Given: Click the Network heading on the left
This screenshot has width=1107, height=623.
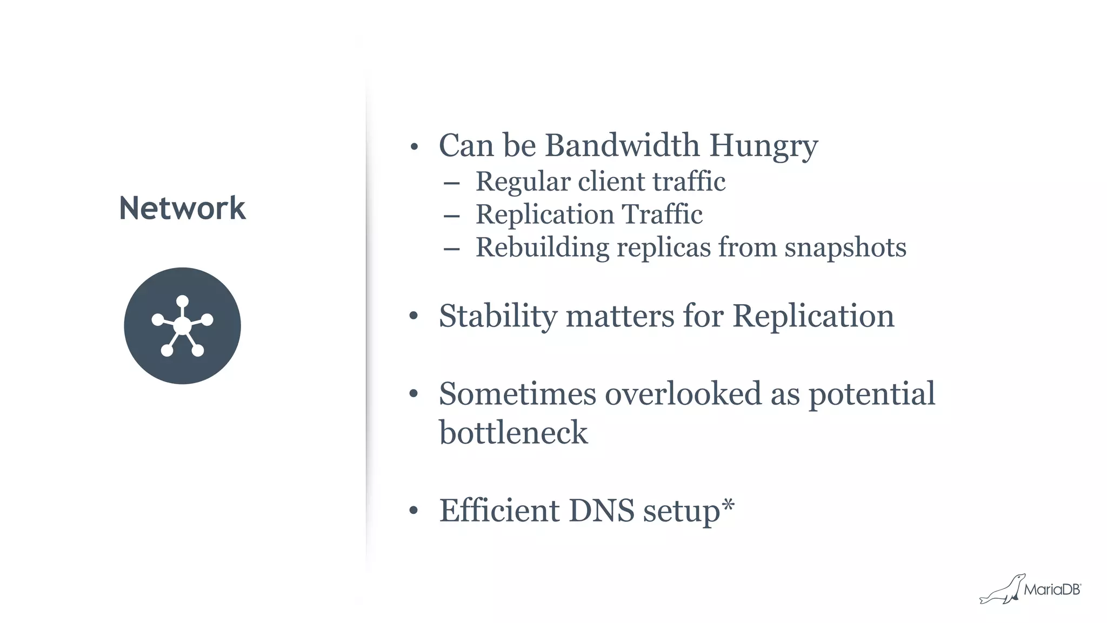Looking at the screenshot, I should pos(182,209).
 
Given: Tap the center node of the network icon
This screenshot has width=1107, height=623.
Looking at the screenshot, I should pos(182,326).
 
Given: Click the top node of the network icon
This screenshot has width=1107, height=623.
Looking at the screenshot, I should pos(182,301).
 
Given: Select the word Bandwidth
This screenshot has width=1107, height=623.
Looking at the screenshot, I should pos(622,145).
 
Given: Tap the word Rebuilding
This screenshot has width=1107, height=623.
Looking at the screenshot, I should pos(542,248).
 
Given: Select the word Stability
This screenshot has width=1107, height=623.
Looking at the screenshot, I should pos(498,317).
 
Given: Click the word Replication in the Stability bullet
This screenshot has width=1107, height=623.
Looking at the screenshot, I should pos(813,316).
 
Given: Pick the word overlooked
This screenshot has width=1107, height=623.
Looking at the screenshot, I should pos(683,393).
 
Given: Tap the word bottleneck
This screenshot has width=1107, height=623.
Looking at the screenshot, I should pos(513,432).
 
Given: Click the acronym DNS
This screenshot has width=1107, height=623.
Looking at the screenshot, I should pos(601,510).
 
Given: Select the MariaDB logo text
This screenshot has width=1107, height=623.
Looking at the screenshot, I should pos(1052,589).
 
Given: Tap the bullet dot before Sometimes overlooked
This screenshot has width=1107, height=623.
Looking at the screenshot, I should pos(414,393).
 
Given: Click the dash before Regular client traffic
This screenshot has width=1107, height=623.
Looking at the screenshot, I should pos(451,184).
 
